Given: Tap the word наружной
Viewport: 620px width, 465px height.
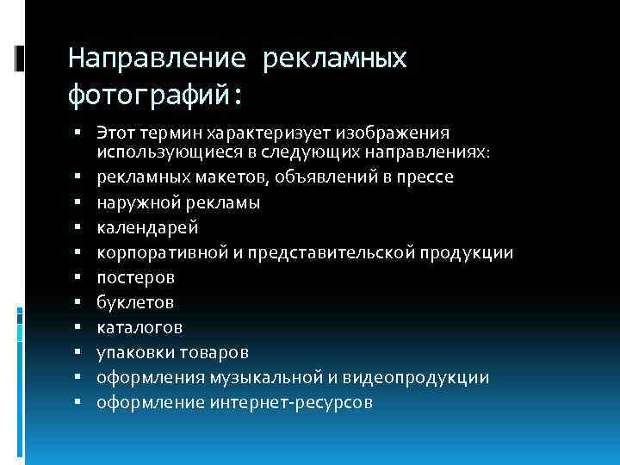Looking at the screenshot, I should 135,202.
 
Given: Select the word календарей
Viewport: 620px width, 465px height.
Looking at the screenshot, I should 147,227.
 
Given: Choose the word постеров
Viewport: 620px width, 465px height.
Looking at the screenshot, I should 135,277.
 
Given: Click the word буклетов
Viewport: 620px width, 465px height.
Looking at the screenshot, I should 135,302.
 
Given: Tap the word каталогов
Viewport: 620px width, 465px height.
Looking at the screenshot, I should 139,327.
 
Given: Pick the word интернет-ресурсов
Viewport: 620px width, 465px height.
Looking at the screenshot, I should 293,402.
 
